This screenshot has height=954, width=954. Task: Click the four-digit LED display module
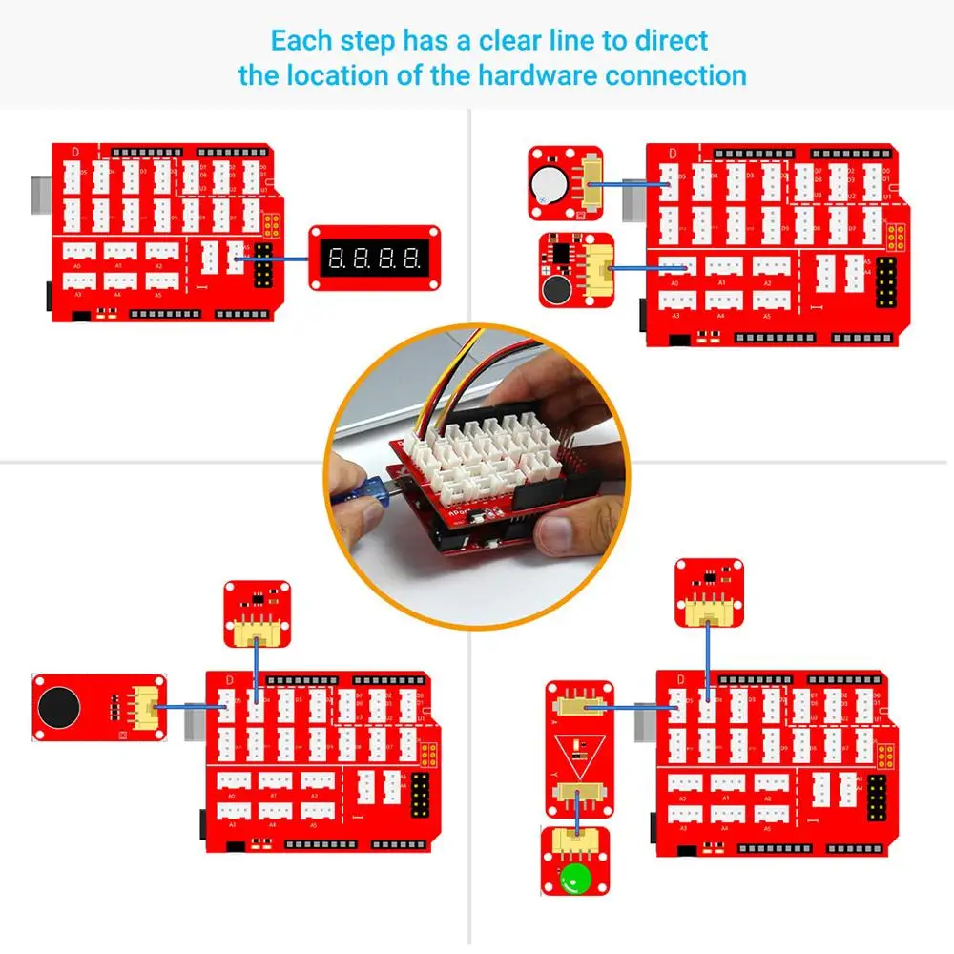click(374, 257)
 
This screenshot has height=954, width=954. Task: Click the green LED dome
click(575, 878)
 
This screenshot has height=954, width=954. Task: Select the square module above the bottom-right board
click(707, 592)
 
